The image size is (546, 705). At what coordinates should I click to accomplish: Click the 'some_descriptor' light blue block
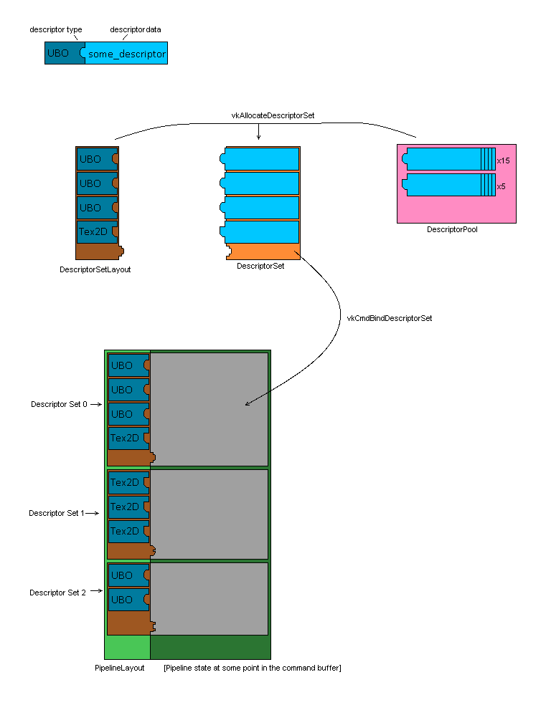click(x=127, y=54)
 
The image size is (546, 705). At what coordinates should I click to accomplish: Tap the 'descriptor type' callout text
click(x=55, y=29)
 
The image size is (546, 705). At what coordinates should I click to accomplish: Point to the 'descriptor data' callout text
click(x=135, y=29)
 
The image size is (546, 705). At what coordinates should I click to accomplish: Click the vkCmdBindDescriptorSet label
click(x=389, y=317)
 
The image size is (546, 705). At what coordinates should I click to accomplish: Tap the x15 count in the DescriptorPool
click(x=503, y=161)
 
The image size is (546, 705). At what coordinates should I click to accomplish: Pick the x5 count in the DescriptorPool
click(x=501, y=186)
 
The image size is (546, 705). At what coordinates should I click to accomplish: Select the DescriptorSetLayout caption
click(x=95, y=270)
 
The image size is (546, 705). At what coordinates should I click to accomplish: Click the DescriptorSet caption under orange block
click(x=260, y=266)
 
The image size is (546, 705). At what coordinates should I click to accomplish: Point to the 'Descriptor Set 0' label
click(x=59, y=404)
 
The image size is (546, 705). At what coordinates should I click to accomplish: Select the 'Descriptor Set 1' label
click(x=57, y=513)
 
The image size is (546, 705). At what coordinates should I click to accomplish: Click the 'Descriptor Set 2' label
click(x=57, y=593)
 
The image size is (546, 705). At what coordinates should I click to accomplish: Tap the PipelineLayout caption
click(x=120, y=668)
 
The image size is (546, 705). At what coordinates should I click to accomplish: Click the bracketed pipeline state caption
click(x=252, y=668)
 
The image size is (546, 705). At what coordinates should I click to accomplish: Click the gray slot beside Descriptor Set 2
click(x=210, y=598)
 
